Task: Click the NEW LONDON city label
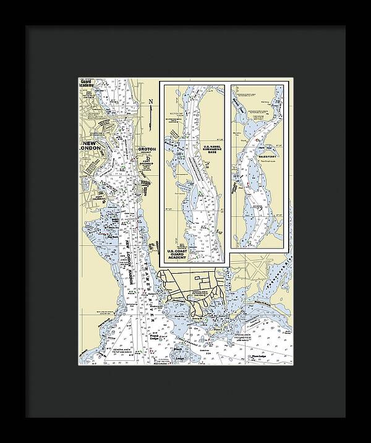point(95,147)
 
